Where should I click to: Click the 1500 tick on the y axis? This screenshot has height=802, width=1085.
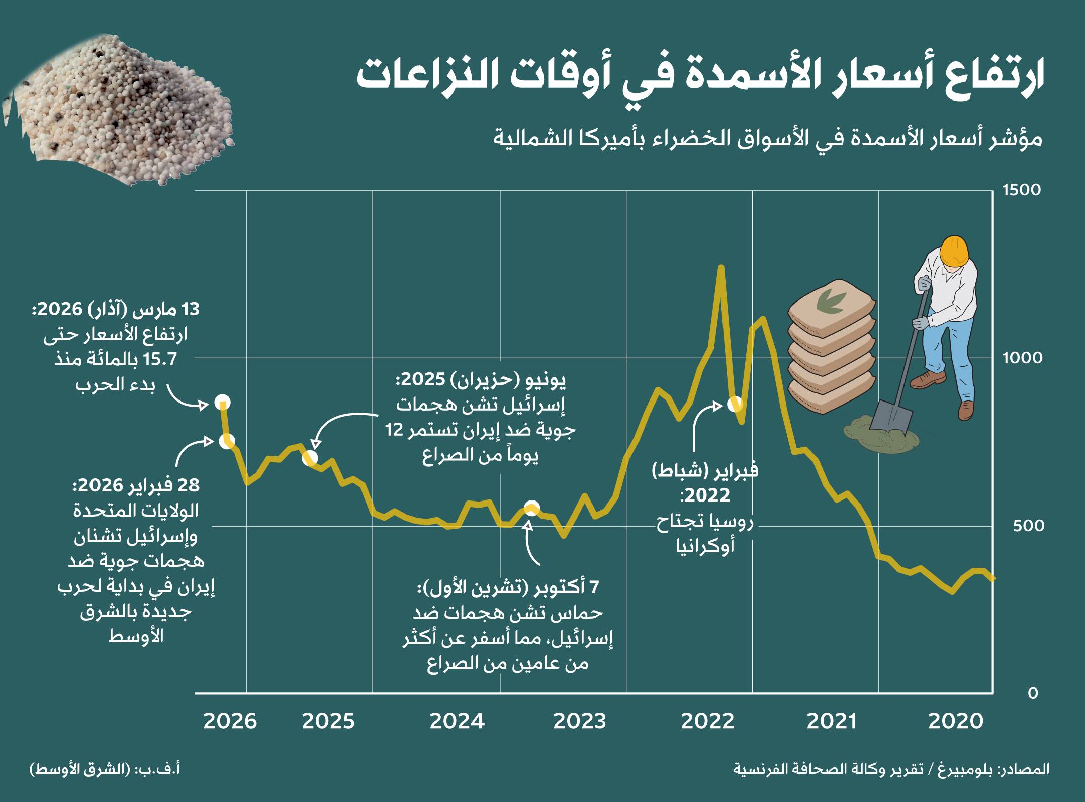tap(1021, 190)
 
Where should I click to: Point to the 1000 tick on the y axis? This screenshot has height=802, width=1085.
tap(1022, 358)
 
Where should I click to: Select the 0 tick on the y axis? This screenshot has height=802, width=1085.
tap(1033, 693)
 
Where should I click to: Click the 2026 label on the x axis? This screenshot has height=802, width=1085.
tap(230, 722)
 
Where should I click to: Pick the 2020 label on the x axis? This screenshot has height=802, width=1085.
tap(955, 722)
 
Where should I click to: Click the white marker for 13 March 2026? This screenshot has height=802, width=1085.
tap(223, 402)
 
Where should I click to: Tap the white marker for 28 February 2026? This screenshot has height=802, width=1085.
tap(227, 441)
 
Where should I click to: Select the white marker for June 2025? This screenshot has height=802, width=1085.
tap(310, 457)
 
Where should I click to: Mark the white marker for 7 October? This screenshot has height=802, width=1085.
tap(532, 508)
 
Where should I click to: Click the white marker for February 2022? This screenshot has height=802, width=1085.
tap(736, 404)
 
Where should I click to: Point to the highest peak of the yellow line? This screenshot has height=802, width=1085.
tap(720, 267)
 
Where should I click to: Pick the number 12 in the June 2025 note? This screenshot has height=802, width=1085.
tap(395, 431)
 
